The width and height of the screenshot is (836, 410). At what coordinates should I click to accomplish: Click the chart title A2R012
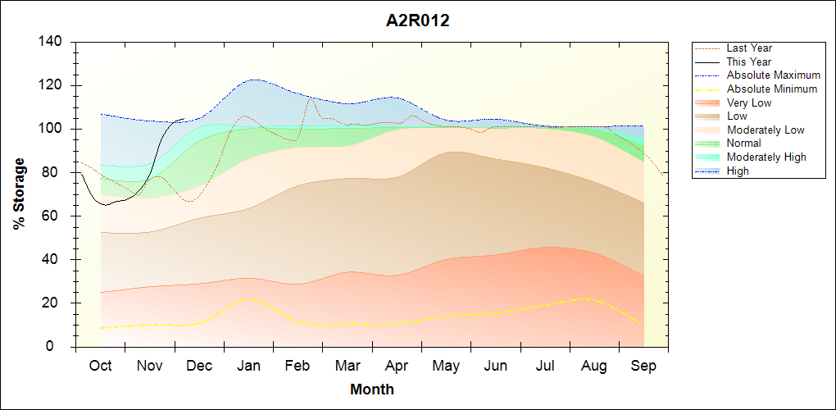point(418,21)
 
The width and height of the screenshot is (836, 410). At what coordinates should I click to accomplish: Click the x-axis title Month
point(372,389)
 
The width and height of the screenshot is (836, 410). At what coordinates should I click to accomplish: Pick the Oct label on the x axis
point(100,366)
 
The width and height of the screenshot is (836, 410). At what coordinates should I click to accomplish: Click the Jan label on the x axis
point(248,366)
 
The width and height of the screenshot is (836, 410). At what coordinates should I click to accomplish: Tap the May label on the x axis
point(446,366)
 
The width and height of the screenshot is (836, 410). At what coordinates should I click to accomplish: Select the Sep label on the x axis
point(643,366)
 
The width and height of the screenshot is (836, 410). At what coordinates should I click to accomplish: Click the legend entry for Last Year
point(748,48)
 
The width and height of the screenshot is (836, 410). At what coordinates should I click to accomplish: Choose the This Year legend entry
point(748,61)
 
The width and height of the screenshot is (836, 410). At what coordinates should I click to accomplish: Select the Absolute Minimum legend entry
point(771,89)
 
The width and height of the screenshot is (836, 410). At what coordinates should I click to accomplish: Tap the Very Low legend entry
point(748,102)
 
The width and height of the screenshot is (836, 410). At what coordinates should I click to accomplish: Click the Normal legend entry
point(743,143)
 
